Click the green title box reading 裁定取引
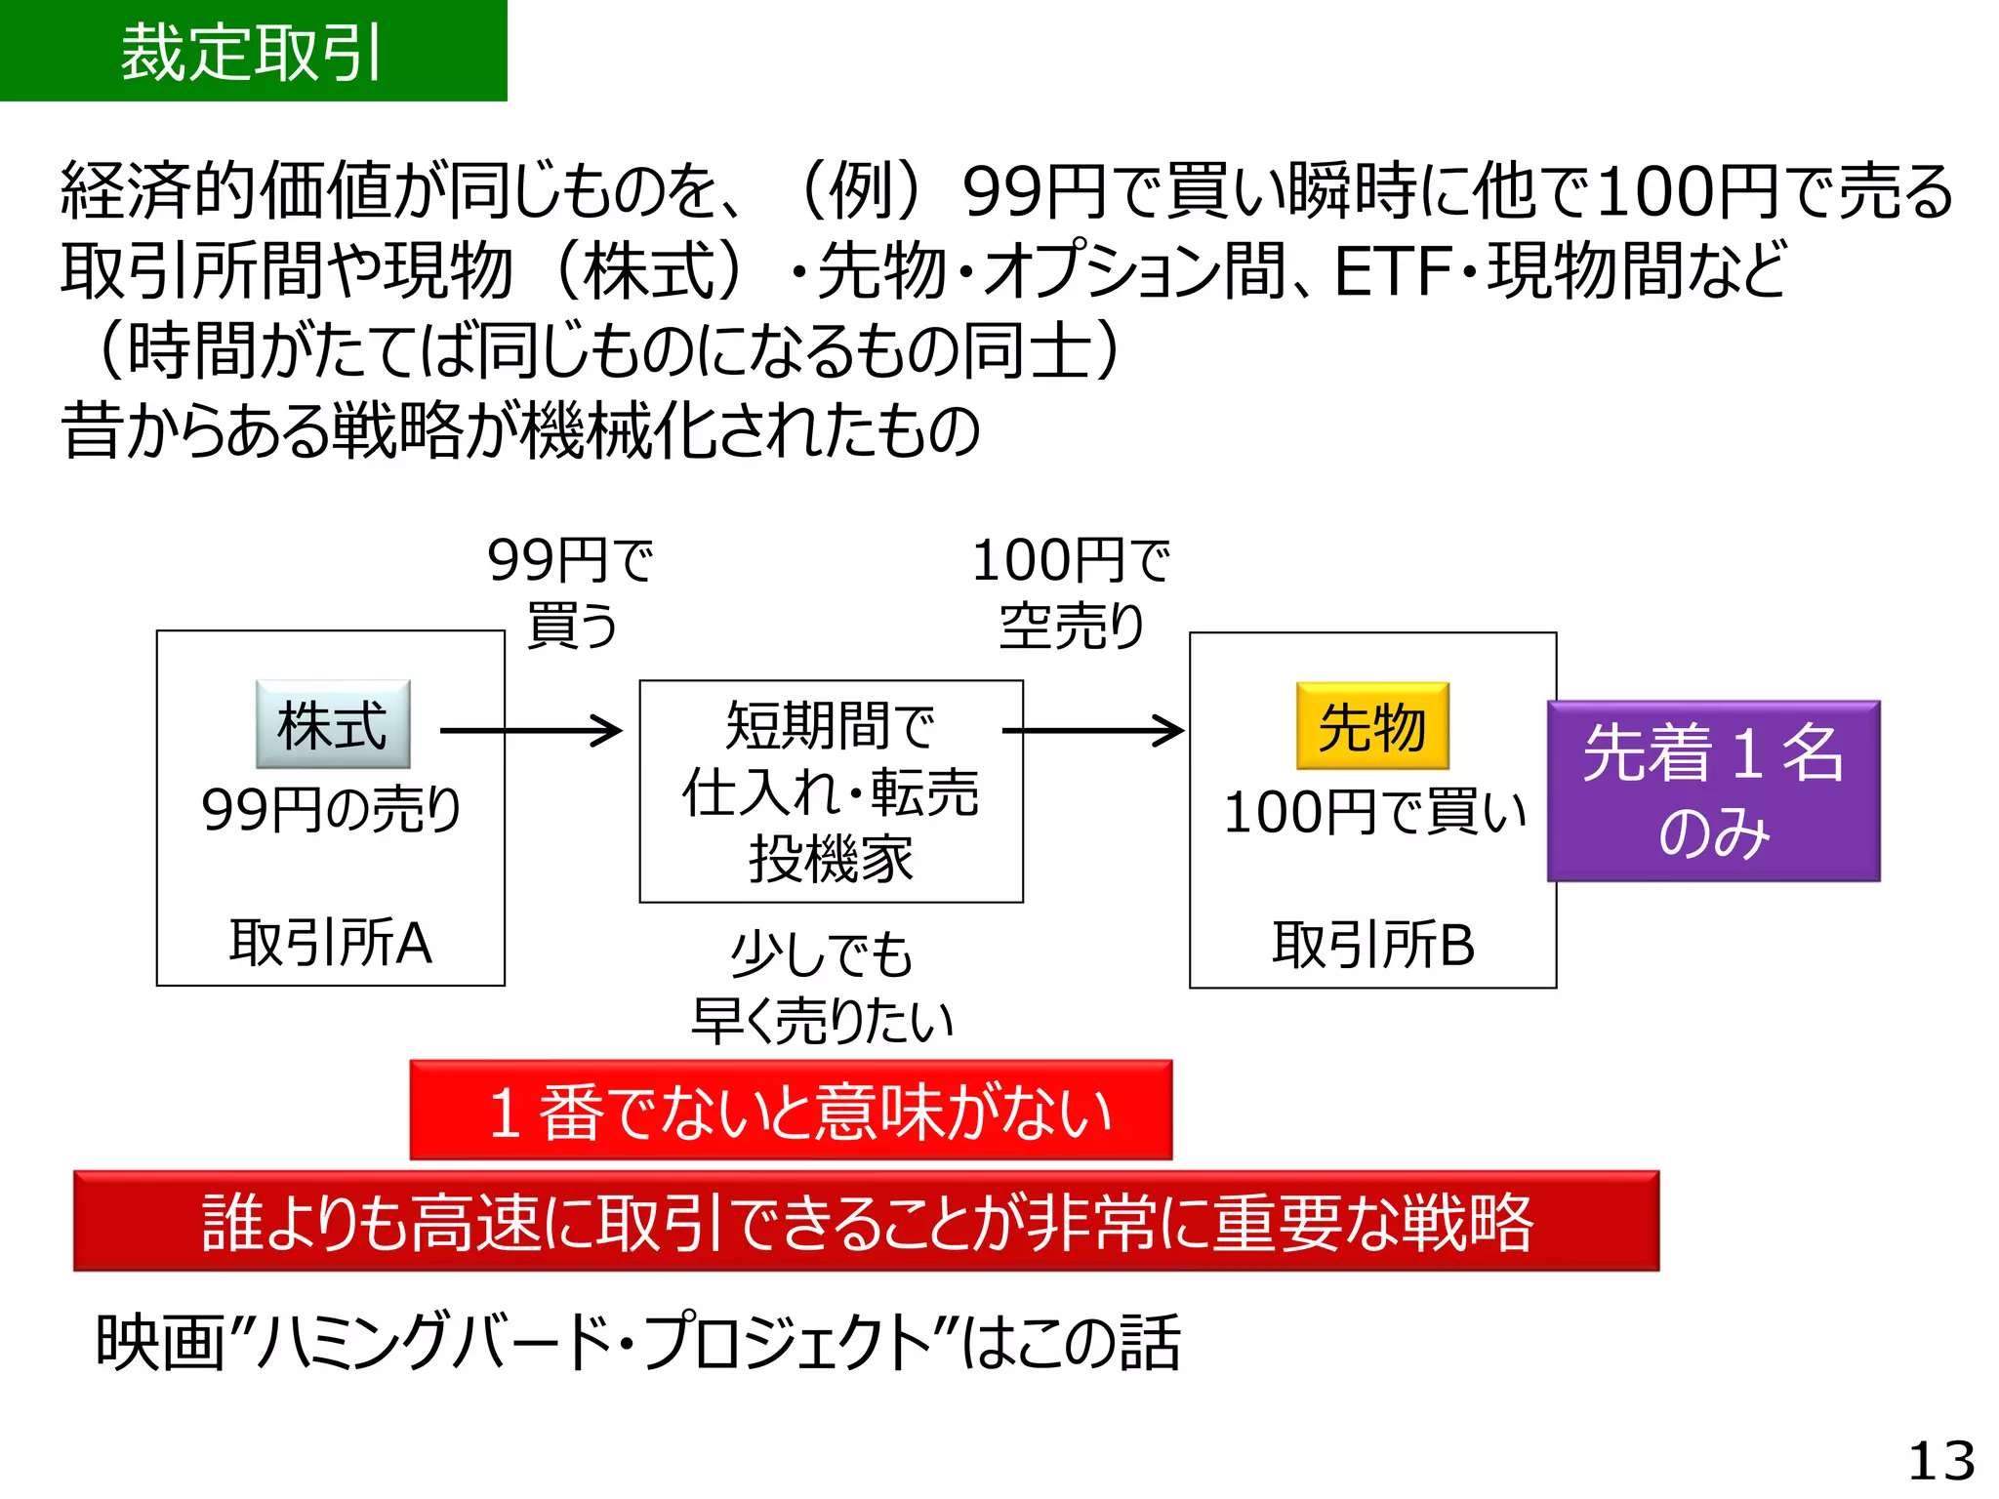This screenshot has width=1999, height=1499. [253, 51]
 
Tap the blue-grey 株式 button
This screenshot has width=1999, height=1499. [333, 725]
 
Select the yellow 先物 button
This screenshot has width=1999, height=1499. [1372, 727]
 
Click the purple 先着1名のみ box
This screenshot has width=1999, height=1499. [1713, 791]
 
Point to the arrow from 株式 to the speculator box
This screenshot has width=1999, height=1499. [530, 730]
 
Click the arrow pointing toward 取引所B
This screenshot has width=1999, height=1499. [1092, 730]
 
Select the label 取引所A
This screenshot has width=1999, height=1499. [331, 943]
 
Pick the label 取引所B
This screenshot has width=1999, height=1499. [1372, 945]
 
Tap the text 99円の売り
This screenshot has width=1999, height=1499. [331, 810]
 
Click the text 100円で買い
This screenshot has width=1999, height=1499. [1373, 812]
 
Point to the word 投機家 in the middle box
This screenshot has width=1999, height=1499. [831, 860]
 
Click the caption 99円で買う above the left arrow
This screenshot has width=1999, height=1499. [571, 591]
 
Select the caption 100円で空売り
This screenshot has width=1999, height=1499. [1071, 591]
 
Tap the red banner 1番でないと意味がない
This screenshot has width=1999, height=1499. [791, 1111]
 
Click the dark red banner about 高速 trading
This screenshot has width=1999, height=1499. [866, 1221]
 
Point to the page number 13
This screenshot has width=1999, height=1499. [1940, 1461]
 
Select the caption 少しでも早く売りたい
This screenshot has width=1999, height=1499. [822, 987]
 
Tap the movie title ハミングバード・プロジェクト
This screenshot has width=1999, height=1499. [595, 1343]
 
